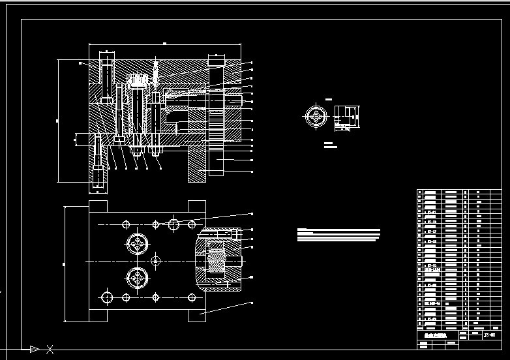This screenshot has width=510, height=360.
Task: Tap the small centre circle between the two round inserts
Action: pos(155,261)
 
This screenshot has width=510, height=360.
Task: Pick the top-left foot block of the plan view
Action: pos(98,207)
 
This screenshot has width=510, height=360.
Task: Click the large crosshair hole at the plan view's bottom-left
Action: pos(107,297)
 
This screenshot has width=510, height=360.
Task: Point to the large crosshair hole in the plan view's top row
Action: pos(173,224)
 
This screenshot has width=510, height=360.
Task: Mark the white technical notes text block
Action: pos(338,235)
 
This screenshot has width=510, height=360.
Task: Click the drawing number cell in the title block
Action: pos(488,335)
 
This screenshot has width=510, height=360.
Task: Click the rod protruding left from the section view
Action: pos(82,138)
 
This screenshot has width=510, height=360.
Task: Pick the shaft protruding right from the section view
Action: pos(233,101)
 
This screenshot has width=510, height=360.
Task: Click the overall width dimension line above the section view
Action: pos(164,44)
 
